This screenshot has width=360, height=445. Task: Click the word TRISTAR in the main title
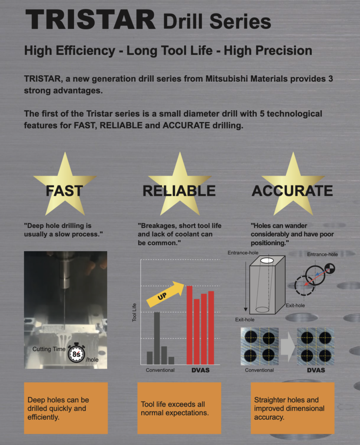point(90,19)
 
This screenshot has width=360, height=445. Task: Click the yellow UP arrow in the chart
point(165,294)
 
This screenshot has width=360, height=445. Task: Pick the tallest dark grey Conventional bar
point(157,338)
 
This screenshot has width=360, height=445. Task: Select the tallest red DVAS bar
point(189,325)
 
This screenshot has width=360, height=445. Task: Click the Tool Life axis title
point(134,312)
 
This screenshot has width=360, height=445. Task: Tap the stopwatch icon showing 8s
point(76,353)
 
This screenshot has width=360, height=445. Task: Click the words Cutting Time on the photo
point(49,349)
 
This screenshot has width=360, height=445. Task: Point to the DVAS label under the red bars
point(201,370)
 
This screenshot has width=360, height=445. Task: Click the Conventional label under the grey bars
point(160,370)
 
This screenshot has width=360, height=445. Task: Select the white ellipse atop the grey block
point(267,260)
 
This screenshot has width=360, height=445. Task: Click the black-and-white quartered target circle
point(330,268)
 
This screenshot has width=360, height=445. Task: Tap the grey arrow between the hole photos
point(287,346)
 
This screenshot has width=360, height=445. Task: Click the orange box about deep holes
point(66,408)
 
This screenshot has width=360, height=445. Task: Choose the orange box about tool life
point(179,408)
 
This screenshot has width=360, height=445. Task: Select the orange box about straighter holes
point(293,408)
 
